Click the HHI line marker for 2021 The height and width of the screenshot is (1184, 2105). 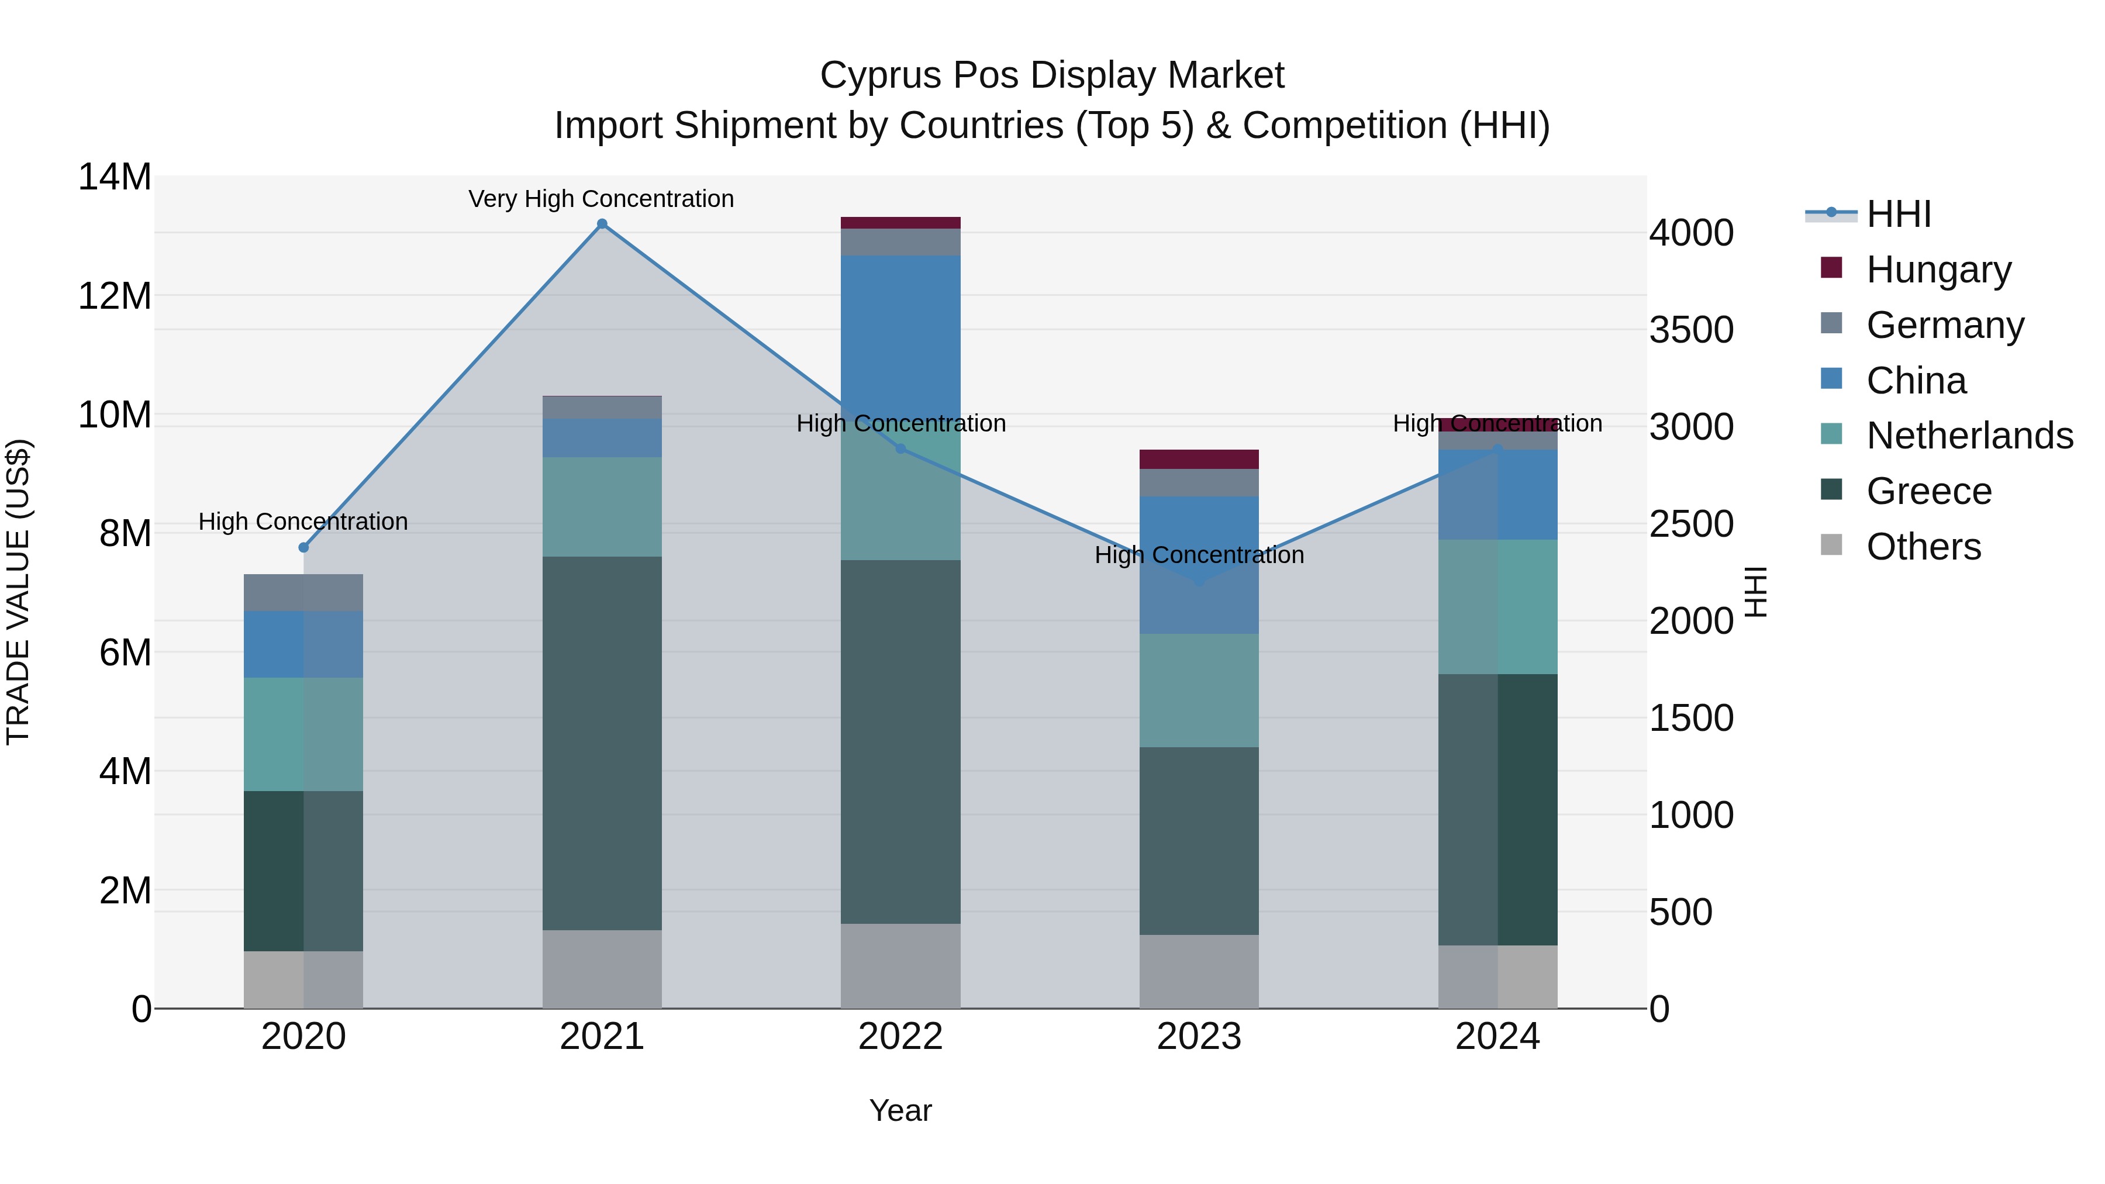point(602,224)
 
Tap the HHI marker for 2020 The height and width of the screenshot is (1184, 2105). point(304,547)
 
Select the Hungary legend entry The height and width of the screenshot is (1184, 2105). point(1916,270)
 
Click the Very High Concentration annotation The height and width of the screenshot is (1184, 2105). point(602,199)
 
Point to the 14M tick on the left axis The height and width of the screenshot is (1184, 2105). point(115,177)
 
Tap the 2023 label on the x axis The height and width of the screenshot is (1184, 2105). point(1199,1037)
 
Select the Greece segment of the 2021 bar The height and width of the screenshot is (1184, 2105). point(602,744)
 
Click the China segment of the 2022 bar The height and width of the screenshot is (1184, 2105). point(900,339)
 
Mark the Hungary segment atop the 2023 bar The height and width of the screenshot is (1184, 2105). point(1199,459)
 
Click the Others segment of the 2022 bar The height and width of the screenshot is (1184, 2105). point(900,966)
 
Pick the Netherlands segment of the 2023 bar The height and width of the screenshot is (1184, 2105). point(1199,691)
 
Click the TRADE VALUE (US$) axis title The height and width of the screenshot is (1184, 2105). point(18,592)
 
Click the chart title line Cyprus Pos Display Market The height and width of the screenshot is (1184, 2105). point(1052,75)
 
